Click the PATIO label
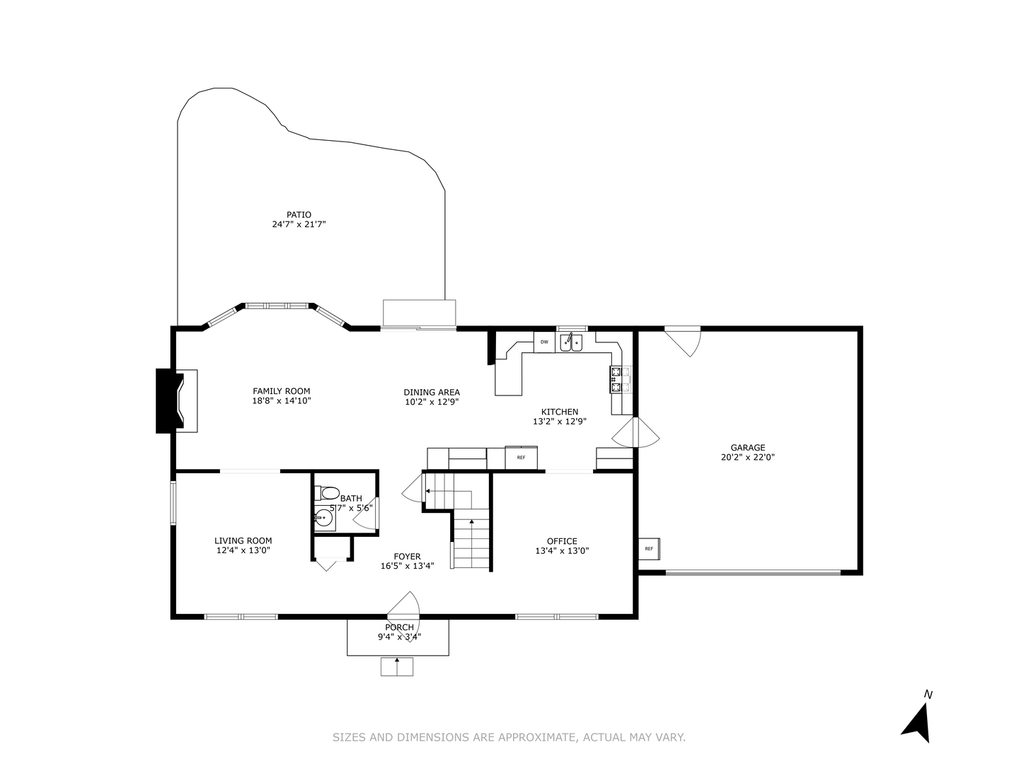click(x=299, y=215)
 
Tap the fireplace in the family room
click(x=177, y=400)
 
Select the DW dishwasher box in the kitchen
click(x=544, y=342)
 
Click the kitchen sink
click(x=571, y=343)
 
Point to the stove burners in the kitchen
click(x=621, y=379)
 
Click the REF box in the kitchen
click(x=521, y=458)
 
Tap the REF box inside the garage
click(x=649, y=548)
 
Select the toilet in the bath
click(x=328, y=492)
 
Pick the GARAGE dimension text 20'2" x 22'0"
click(x=748, y=457)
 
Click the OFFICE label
click(x=562, y=541)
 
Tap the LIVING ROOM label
click(x=243, y=540)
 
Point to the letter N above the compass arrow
click(x=928, y=695)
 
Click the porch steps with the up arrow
click(x=396, y=666)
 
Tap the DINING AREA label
click(x=432, y=392)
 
